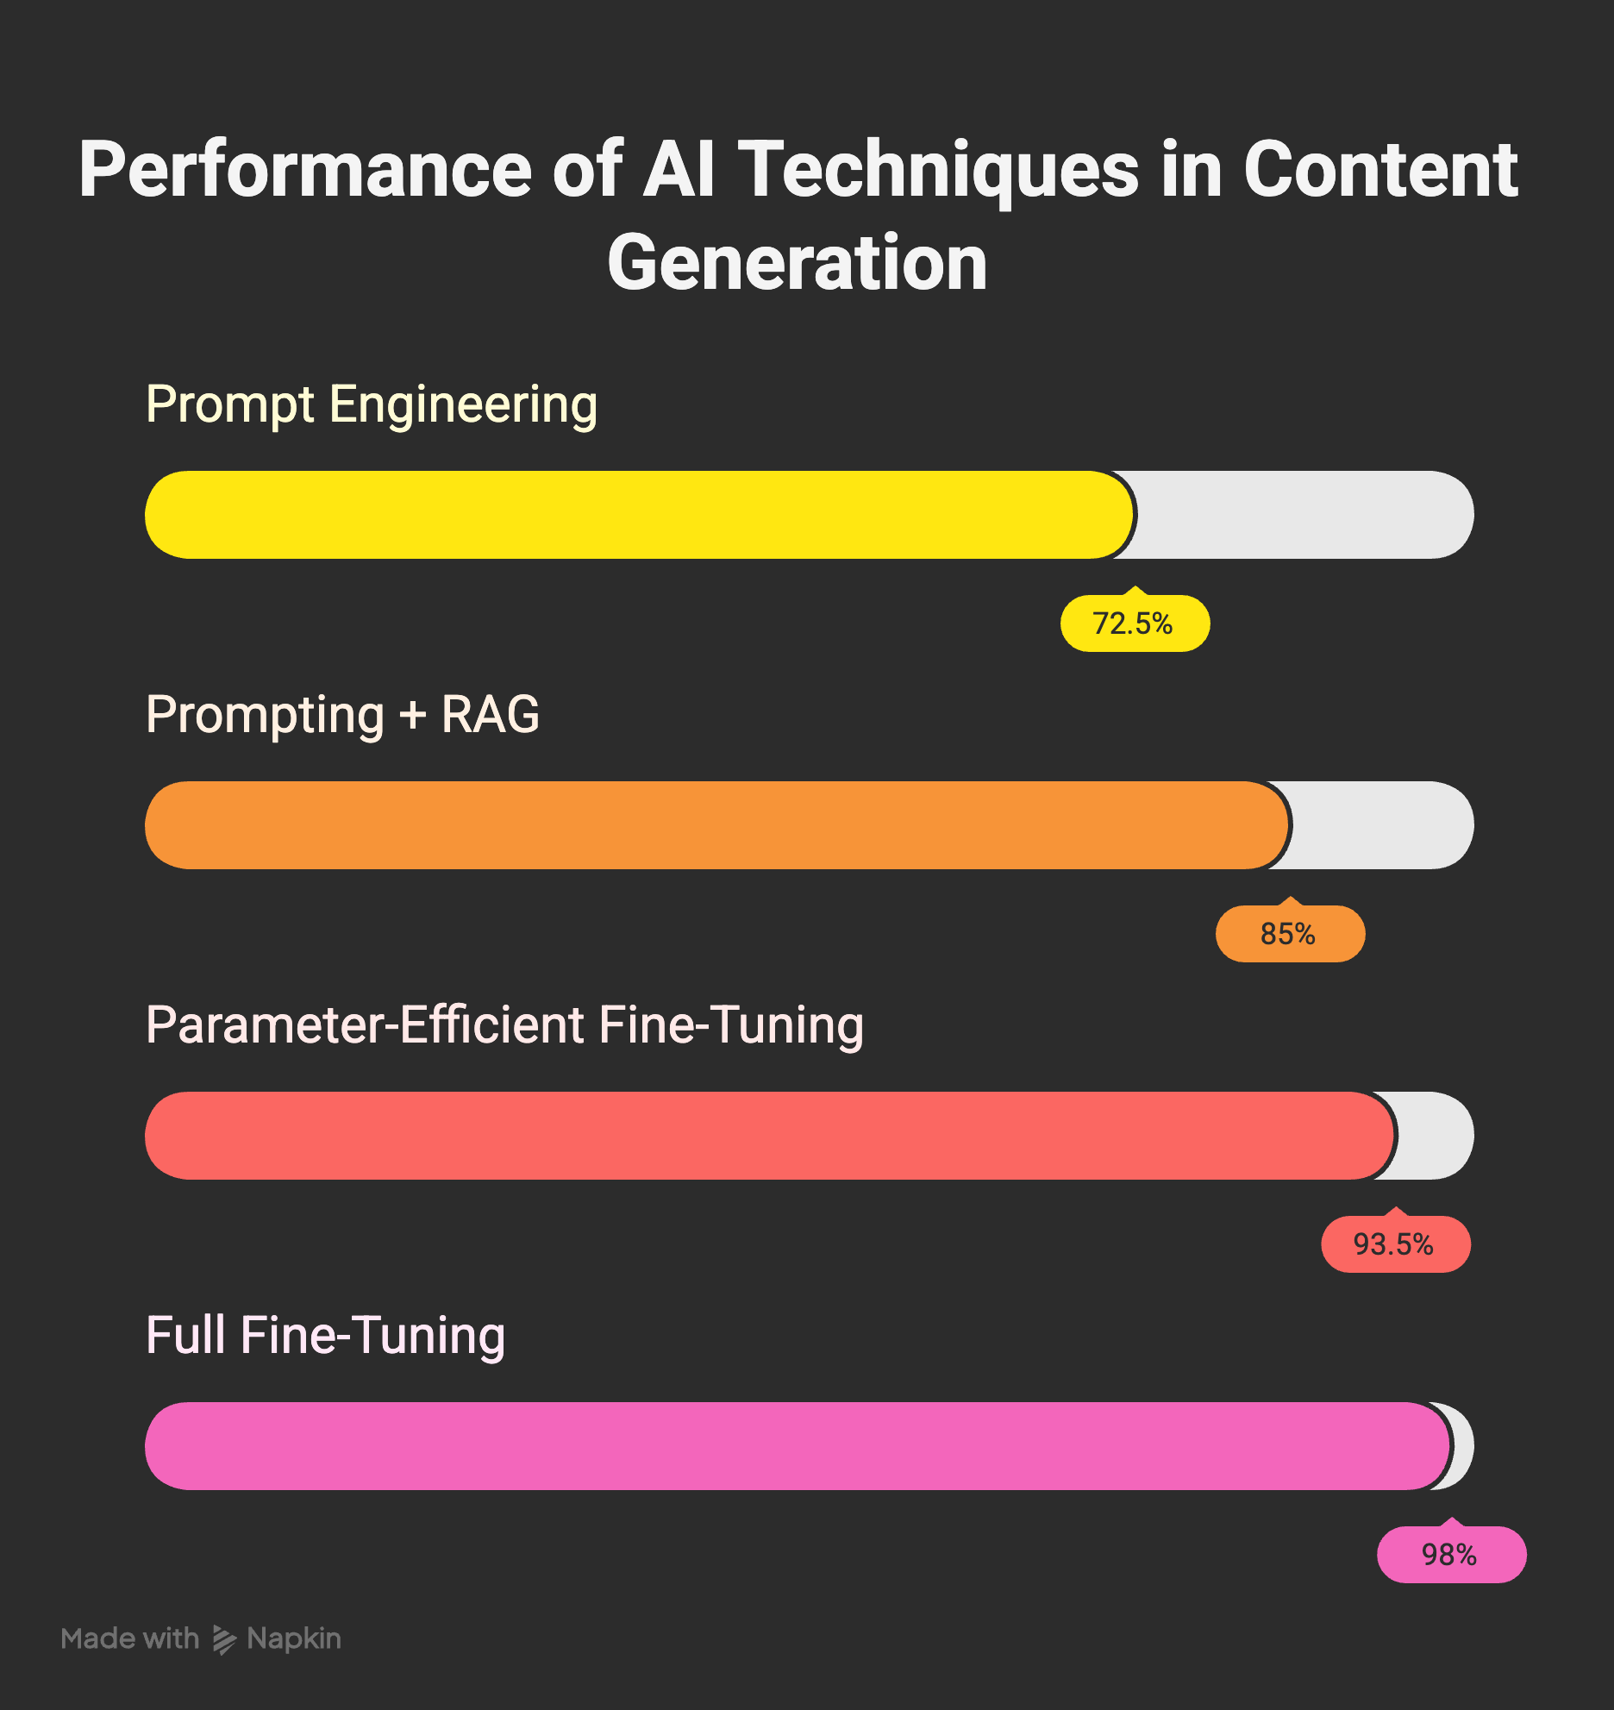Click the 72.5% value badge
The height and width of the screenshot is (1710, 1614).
pyautogui.click(x=1134, y=623)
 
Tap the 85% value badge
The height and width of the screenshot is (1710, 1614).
pyautogui.click(x=1289, y=934)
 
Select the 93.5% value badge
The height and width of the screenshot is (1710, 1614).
pyautogui.click(x=1395, y=1244)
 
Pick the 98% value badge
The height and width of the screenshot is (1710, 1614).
pyautogui.click(x=1451, y=1555)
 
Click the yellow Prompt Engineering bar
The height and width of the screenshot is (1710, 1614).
pyautogui.click(x=638, y=515)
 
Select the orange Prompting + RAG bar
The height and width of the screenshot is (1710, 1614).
pyautogui.click(x=716, y=825)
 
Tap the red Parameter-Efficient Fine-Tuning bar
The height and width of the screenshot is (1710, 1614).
pyautogui.click(x=767, y=1136)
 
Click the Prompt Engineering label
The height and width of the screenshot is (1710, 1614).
pyautogui.click(x=372, y=404)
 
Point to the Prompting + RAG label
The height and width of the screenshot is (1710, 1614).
pyautogui.click(x=342, y=715)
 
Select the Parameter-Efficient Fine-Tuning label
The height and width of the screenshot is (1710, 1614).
pyautogui.click(x=504, y=1025)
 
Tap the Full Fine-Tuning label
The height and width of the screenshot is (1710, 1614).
pyautogui.click(x=325, y=1336)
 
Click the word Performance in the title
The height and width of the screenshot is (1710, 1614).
pyautogui.click(x=305, y=170)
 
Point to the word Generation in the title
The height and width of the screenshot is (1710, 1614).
pyautogui.click(x=798, y=263)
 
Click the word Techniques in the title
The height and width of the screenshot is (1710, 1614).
pyautogui.click(x=940, y=170)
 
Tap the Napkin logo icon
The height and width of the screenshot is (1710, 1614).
pyautogui.click(x=224, y=1639)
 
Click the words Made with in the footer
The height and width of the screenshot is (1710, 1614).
pyautogui.click(x=130, y=1638)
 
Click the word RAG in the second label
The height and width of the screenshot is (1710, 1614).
pyautogui.click(x=490, y=715)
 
